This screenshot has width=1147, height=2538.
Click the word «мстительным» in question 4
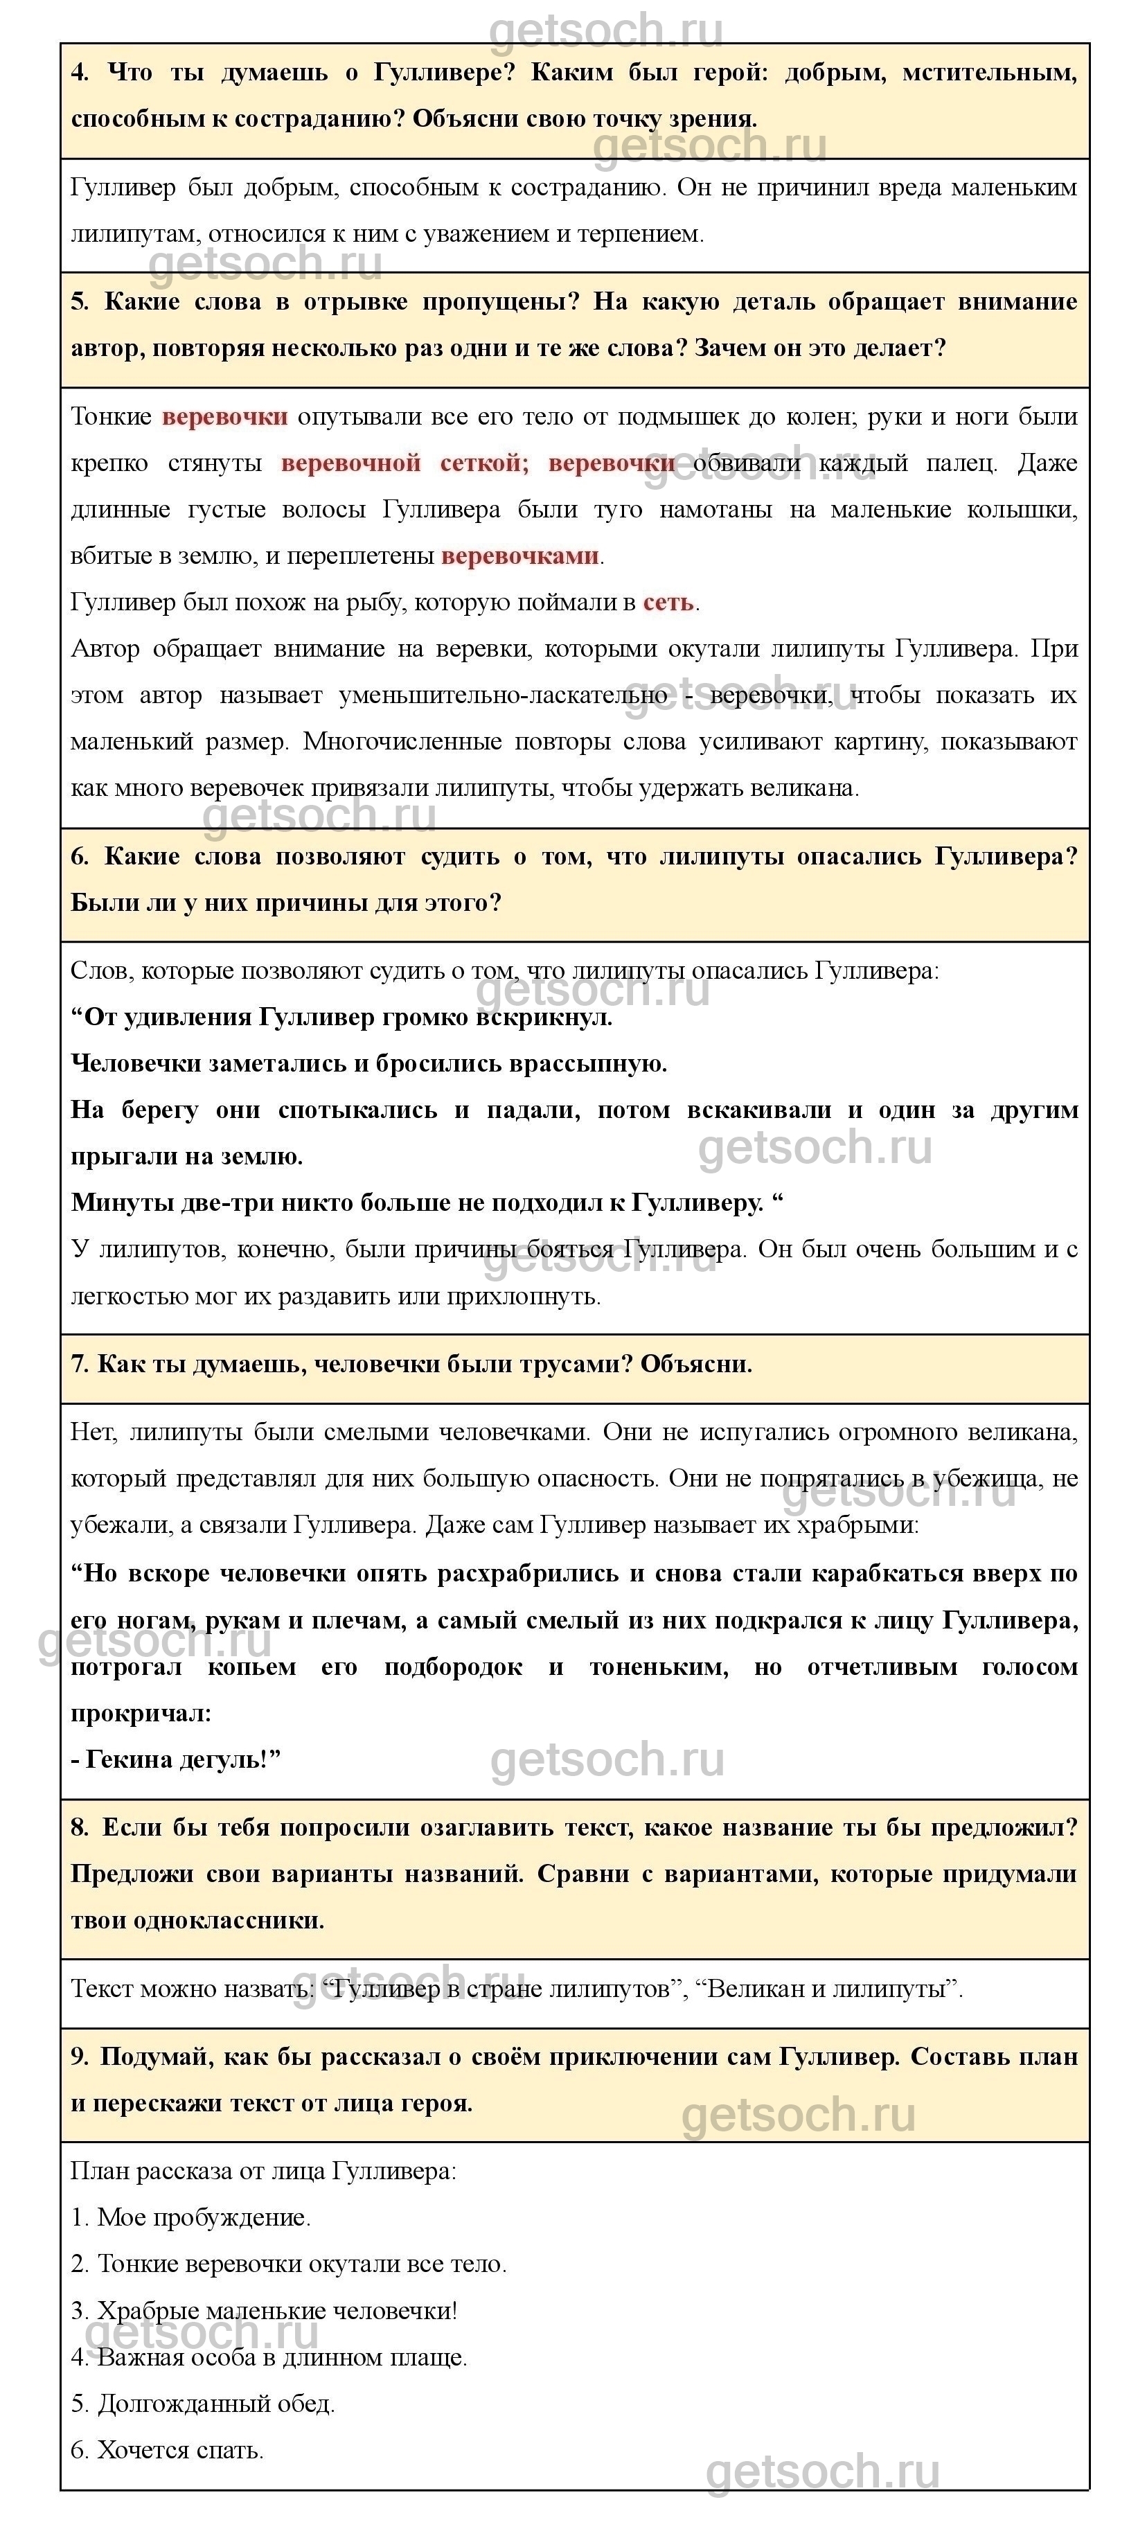click(988, 73)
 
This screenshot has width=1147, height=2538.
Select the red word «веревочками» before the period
click(519, 556)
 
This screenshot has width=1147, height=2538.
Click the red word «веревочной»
click(350, 463)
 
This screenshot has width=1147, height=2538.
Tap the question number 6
click(80, 856)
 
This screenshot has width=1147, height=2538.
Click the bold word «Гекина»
click(128, 1759)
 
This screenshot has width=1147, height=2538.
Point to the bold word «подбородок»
click(453, 1667)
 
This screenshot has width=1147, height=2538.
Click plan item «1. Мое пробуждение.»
click(191, 2218)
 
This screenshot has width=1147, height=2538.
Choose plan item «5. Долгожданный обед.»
click(203, 2404)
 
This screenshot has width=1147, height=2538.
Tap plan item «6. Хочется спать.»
click(168, 2450)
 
